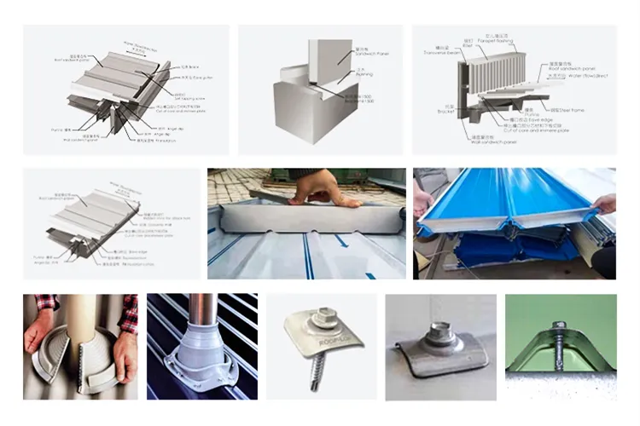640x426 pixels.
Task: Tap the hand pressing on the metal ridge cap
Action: click(324, 188)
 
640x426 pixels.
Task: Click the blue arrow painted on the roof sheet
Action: click(341, 241)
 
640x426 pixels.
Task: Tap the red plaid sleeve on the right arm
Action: click(129, 312)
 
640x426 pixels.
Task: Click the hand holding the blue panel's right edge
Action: click(603, 204)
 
